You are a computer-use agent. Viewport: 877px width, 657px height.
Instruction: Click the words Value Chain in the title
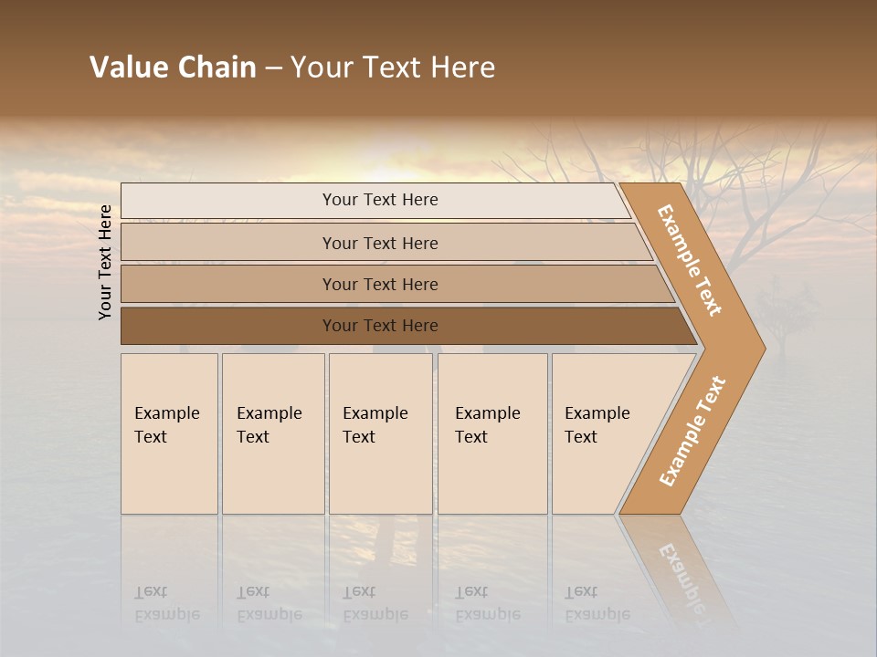point(173,68)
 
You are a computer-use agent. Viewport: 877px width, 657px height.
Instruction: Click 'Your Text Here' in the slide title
point(393,68)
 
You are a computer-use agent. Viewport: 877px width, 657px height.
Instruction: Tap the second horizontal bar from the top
point(380,243)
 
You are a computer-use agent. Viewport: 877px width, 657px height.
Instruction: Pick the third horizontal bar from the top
point(380,284)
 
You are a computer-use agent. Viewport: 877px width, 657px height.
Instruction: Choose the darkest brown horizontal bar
point(380,326)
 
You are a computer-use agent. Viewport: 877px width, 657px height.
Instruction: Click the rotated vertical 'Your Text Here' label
point(105,262)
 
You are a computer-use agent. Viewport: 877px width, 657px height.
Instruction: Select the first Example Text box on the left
point(169,433)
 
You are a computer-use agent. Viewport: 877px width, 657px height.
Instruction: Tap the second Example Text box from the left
point(272,433)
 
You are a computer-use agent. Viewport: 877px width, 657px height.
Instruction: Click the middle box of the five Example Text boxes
point(380,433)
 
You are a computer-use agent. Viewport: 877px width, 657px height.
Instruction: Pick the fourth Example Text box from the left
point(491,433)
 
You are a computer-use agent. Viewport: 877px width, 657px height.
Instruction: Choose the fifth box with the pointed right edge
point(603,433)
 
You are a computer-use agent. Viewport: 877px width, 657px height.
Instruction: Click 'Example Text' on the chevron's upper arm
point(690,260)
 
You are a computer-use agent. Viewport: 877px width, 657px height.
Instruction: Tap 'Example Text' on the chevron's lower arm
point(692,431)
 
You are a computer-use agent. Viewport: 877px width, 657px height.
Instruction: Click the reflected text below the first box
point(166,603)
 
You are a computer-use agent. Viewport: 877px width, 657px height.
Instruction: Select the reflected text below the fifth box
point(597,603)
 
